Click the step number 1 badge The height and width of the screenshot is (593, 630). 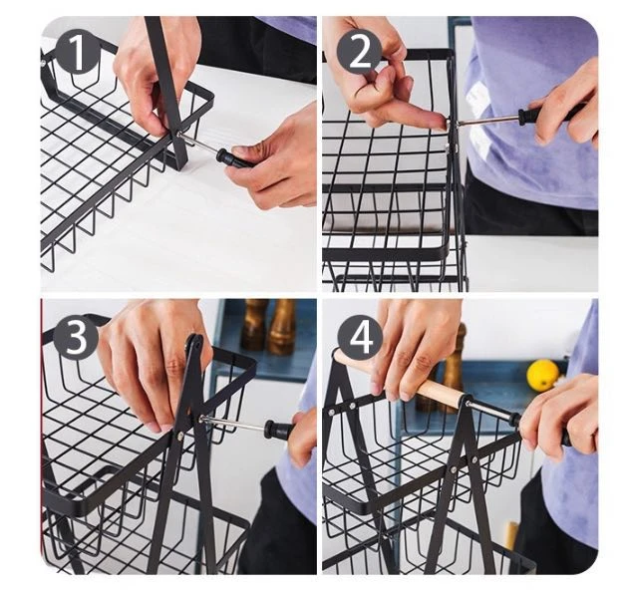(77, 51)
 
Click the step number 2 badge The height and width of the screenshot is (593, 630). (359, 51)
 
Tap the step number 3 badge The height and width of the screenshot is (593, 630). (76, 337)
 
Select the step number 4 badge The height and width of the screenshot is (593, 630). (361, 338)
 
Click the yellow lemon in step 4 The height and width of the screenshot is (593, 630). (543, 375)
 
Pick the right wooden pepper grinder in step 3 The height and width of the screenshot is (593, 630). (282, 327)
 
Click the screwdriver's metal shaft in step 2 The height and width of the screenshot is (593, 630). (488, 119)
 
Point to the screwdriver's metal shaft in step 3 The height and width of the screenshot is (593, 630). (234, 423)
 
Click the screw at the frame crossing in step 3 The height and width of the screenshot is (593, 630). (180, 435)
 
